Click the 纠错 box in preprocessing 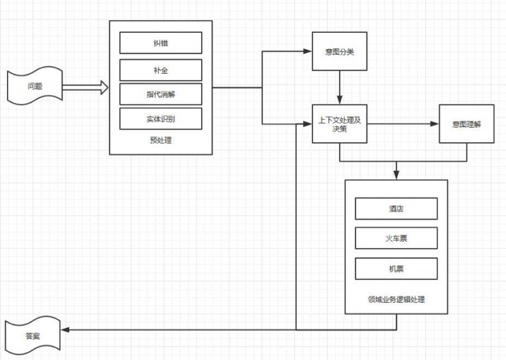[161, 43]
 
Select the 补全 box [161, 70]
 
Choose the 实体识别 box [161, 118]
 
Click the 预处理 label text [160, 141]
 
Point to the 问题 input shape [35, 87]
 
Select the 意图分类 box [339, 51]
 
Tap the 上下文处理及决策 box [339, 124]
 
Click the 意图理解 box [466, 124]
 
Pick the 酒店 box [396, 209]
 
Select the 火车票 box [396, 238]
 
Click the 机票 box [396, 268]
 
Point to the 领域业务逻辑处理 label [396, 299]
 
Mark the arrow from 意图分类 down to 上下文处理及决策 [339, 87]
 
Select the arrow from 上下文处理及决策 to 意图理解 [403, 124]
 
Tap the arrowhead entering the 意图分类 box [307, 51]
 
